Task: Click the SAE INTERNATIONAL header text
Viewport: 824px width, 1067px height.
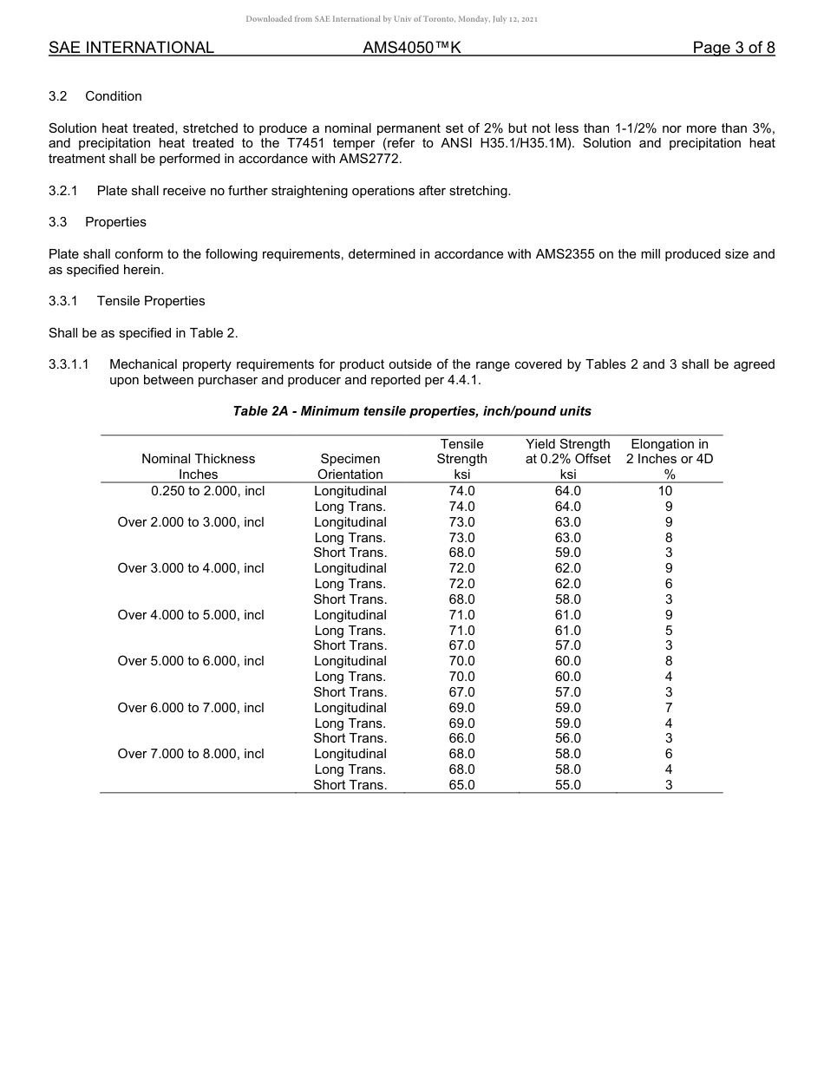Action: pyautogui.click(x=131, y=48)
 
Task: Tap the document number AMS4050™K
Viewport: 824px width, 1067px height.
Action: pyautogui.click(x=411, y=48)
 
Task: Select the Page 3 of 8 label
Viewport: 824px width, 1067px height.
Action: pyautogui.click(x=733, y=48)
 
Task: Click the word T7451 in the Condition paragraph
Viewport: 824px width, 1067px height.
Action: pyautogui.click(x=305, y=143)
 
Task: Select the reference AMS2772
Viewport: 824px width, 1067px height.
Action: pyautogui.click(x=371, y=159)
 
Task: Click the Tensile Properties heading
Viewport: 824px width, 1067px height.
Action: pyautogui.click(x=151, y=301)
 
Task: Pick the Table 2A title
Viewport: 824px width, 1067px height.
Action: pyautogui.click(x=412, y=410)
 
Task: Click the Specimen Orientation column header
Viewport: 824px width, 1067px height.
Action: pyautogui.click(x=350, y=466)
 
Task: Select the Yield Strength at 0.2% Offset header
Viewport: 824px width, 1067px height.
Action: pyautogui.click(x=567, y=459)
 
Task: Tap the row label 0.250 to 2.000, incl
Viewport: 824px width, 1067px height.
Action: pyautogui.click(x=207, y=491)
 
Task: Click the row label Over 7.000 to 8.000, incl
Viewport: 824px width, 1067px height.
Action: pyautogui.click(x=191, y=754)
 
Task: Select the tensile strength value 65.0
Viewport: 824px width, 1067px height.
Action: pyautogui.click(x=461, y=785)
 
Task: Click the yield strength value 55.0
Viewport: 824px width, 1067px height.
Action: pyautogui.click(x=567, y=785)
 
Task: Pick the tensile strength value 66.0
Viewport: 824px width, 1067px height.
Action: pyautogui.click(x=461, y=738)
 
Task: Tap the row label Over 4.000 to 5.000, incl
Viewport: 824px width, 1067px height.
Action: pyautogui.click(x=191, y=615)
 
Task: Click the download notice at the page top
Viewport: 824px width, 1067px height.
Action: pyautogui.click(x=391, y=18)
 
